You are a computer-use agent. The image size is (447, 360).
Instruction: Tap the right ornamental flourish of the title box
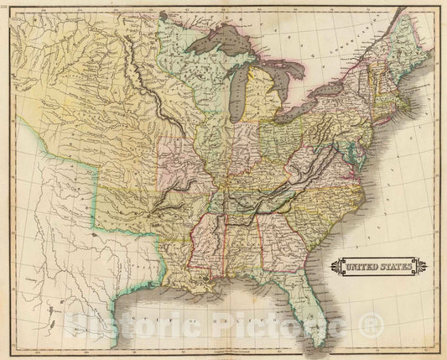click(x=421, y=267)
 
